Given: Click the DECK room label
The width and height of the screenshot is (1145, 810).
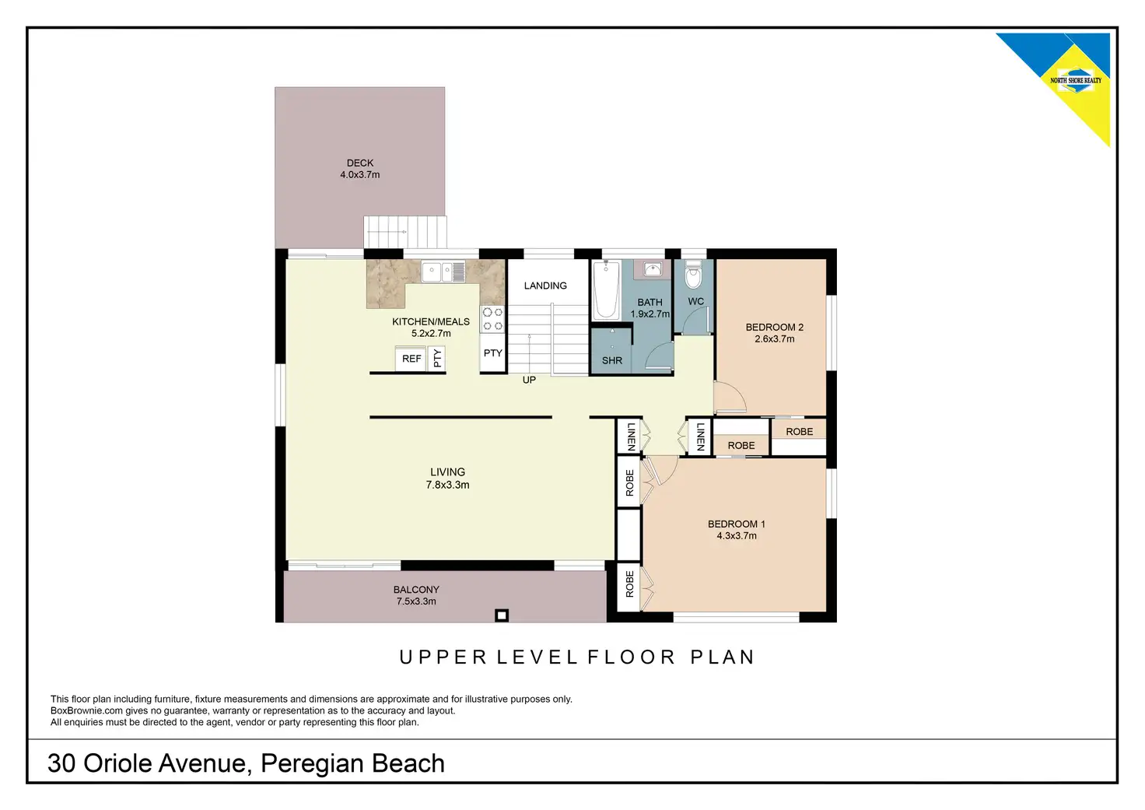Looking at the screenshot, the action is (x=360, y=163).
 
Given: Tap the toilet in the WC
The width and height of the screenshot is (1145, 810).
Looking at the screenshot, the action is (x=692, y=275).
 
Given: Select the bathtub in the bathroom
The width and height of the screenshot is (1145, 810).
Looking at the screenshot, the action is (x=606, y=290).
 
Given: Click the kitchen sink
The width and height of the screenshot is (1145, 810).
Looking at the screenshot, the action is (x=443, y=272).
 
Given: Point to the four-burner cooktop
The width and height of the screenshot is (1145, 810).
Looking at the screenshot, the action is (x=492, y=319).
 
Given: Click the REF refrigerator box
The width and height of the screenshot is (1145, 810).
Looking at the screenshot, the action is (x=411, y=359).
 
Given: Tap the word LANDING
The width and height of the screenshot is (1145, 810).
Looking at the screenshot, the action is (x=545, y=286).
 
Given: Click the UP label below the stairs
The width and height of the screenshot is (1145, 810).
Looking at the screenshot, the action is (x=529, y=380).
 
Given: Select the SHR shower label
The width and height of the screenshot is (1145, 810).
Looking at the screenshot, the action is (x=612, y=360).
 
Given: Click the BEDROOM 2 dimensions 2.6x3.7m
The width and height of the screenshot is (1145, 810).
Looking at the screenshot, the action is (x=775, y=339).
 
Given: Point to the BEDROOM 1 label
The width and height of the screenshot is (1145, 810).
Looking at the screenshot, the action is (x=736, y=524).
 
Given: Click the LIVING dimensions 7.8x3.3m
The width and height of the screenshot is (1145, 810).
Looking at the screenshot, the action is (x=447, y=485).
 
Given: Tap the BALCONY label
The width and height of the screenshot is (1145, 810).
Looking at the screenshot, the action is (x=416, y=590).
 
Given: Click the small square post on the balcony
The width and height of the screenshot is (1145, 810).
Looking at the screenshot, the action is (x=502, y=615).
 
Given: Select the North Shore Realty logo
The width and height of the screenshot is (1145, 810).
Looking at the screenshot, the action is (x=1076, y=81).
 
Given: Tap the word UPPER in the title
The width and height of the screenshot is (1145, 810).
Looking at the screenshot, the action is (x=443, y=657).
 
